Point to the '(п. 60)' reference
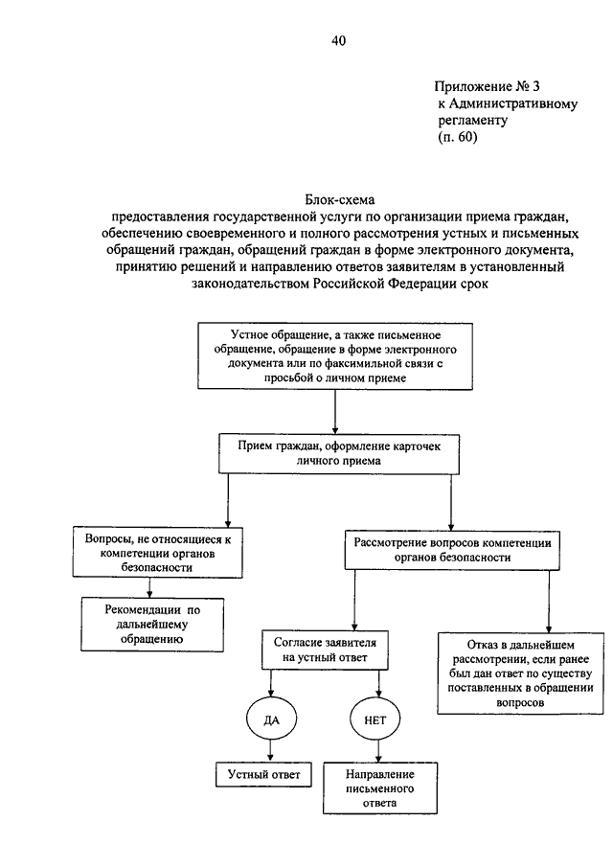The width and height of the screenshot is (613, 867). pos(457,138)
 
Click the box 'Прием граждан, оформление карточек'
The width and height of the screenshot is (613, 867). pos(334,452)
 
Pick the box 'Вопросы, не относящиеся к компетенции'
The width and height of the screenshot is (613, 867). pos(159,553)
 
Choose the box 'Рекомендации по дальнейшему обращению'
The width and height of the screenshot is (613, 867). pos(152,623)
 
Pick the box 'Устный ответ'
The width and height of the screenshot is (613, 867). pos(263,773)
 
